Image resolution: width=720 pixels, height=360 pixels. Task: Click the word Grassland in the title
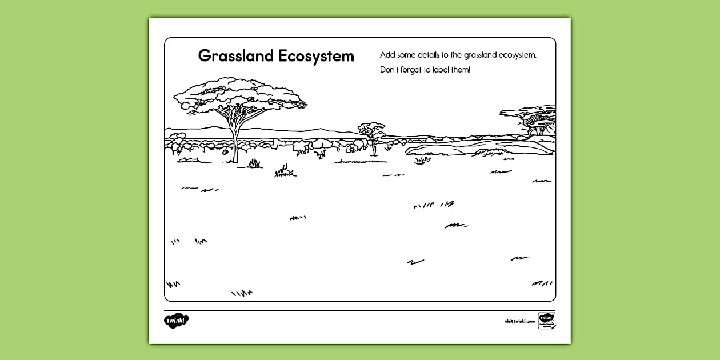[x=235, y=56]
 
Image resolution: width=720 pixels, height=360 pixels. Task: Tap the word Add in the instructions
[x=387, y=55]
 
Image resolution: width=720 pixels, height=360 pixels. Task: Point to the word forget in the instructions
[x=410, y=70]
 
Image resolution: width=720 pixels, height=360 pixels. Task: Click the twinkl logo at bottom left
[x=176, y=321]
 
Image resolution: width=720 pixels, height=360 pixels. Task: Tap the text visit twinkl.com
[x=519, y=321]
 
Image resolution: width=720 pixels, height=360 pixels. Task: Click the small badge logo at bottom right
[x=546, y=321]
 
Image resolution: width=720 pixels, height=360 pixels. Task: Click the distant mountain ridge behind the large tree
[x=297, y=131]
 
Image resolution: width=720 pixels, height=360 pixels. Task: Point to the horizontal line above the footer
[x=360, y=310]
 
